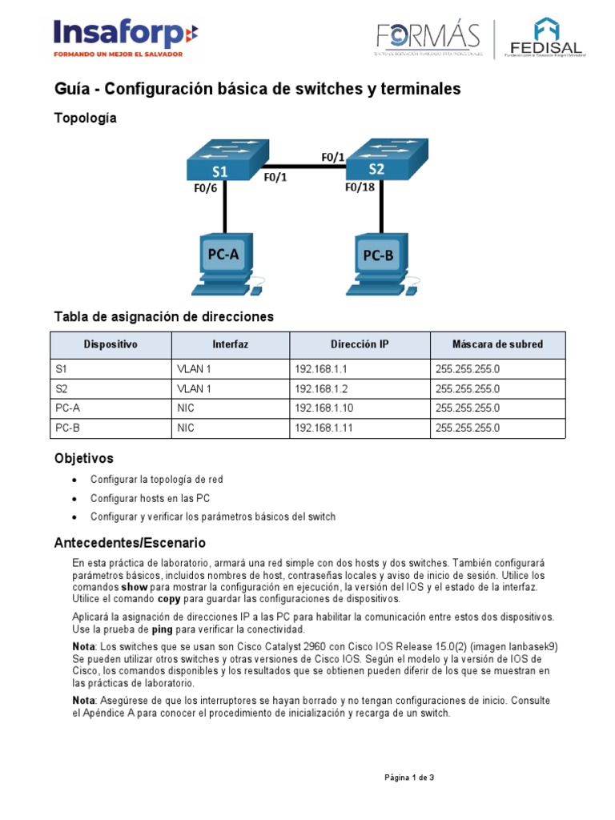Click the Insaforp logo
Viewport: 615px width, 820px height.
125,37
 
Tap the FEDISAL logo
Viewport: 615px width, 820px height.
547,38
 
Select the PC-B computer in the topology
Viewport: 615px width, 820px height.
379,265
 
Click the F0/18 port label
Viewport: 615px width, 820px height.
360,187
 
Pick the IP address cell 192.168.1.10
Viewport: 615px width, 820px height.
318,408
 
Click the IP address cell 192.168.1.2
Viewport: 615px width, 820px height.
316,389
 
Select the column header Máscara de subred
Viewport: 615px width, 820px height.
497,344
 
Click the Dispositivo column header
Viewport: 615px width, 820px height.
111,344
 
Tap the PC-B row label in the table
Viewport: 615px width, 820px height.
68,428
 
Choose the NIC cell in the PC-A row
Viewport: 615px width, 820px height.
185,408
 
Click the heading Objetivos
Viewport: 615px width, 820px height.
83,459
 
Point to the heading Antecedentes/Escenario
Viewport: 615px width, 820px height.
130,543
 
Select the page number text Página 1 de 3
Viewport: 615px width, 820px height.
409,778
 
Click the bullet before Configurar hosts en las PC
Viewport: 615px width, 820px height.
74,498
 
